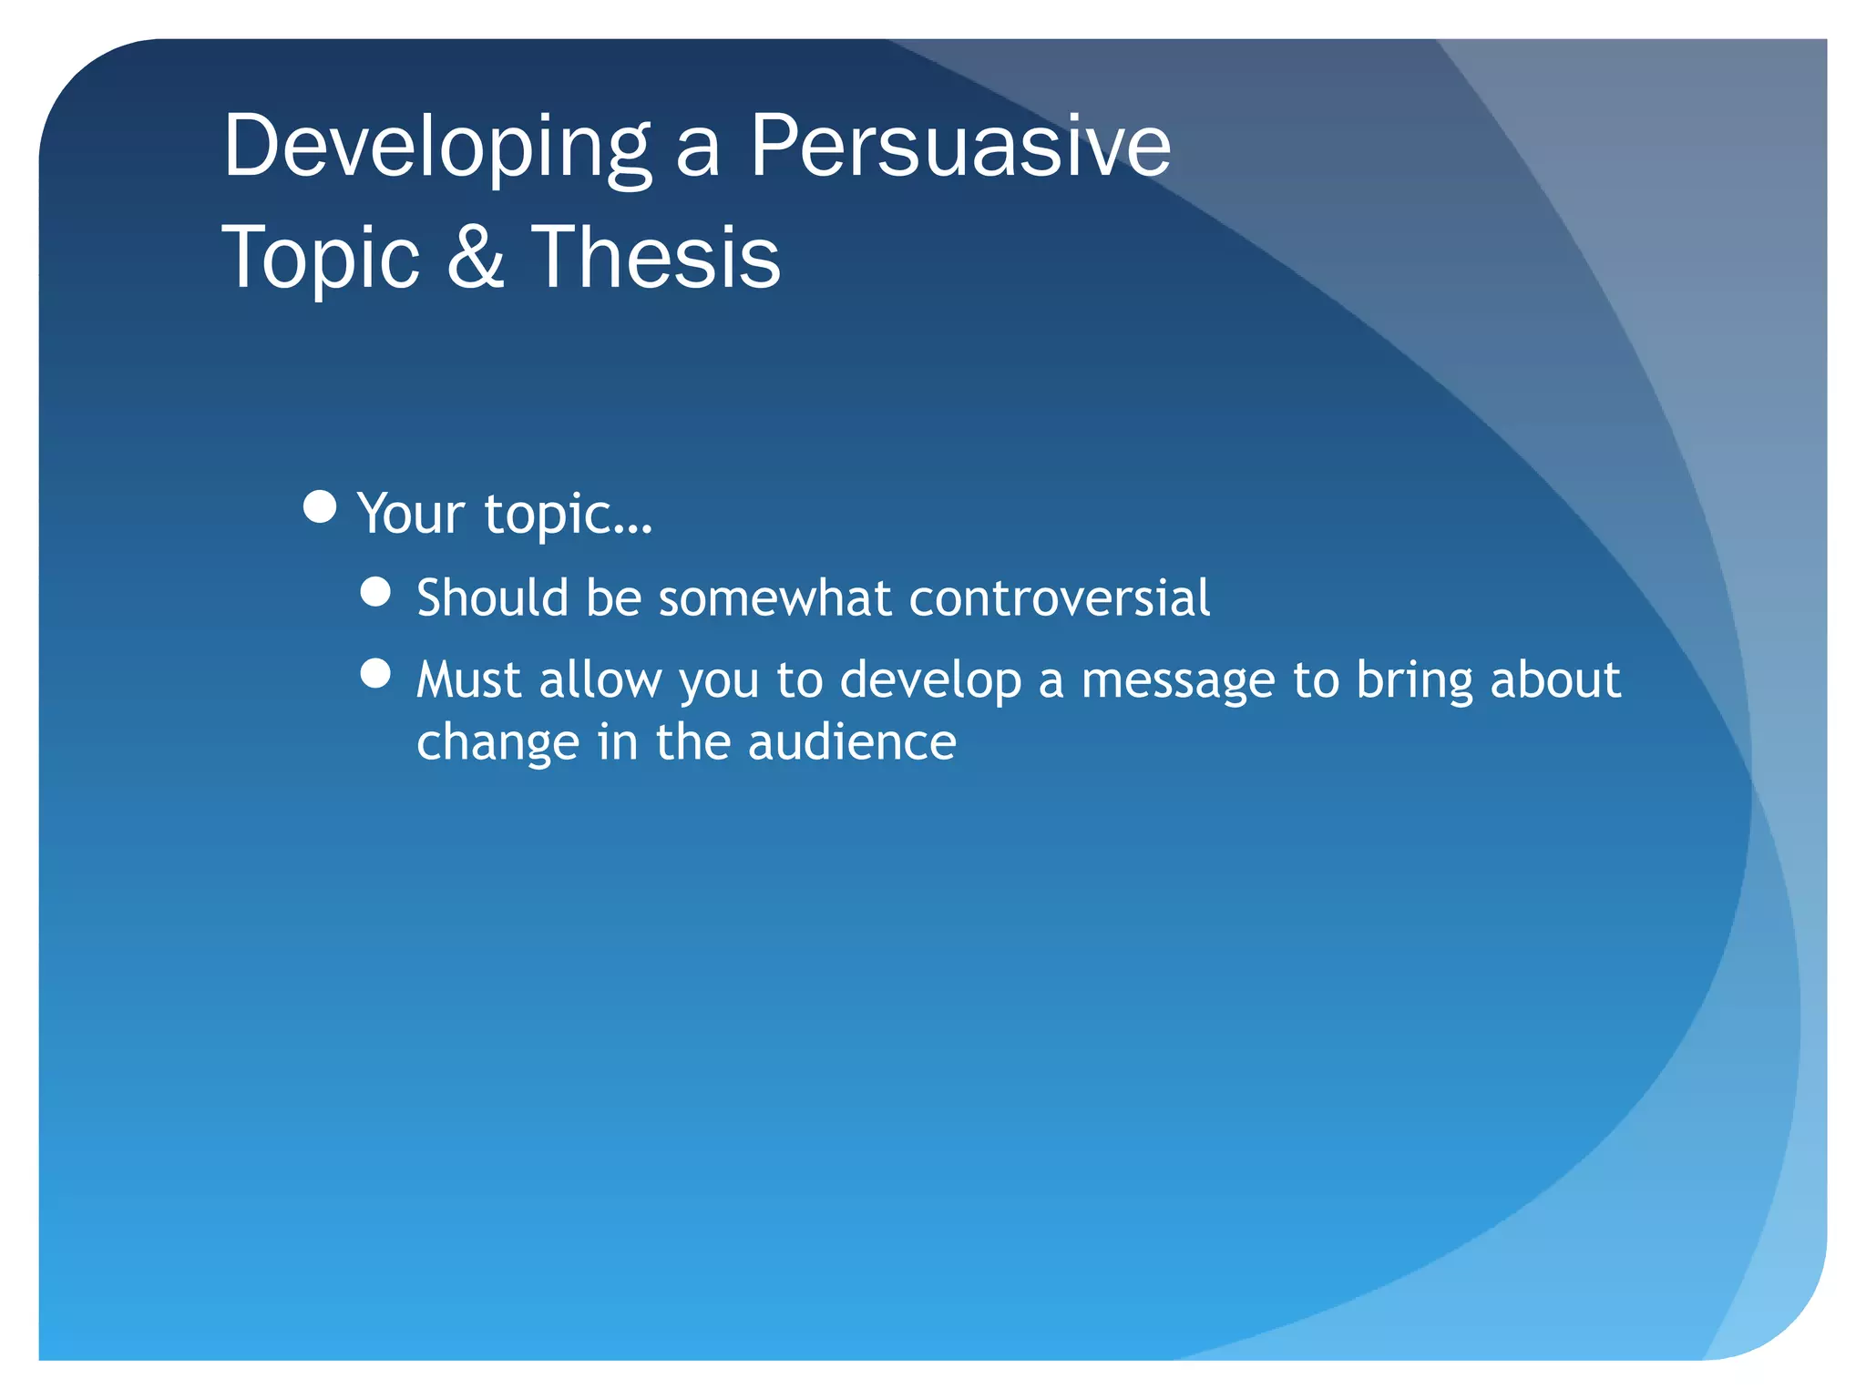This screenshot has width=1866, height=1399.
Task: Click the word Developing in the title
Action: tap(436, 148)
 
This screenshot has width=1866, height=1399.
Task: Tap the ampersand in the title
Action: tap(476, 258)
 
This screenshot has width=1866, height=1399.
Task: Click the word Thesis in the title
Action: tap(655, 258)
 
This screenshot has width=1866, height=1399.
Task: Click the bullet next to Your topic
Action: tap(320, 506)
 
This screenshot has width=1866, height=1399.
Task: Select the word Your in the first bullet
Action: tap(411, 514)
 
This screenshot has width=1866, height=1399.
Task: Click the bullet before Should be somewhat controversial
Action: tap(375, 592)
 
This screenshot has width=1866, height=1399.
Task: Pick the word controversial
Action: tap(1059, 598)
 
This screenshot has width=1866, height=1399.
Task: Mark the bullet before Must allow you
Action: tap(375, 673)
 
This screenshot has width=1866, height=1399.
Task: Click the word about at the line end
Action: tap(1554, 680)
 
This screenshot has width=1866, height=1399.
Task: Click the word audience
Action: tap(852, 742)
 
